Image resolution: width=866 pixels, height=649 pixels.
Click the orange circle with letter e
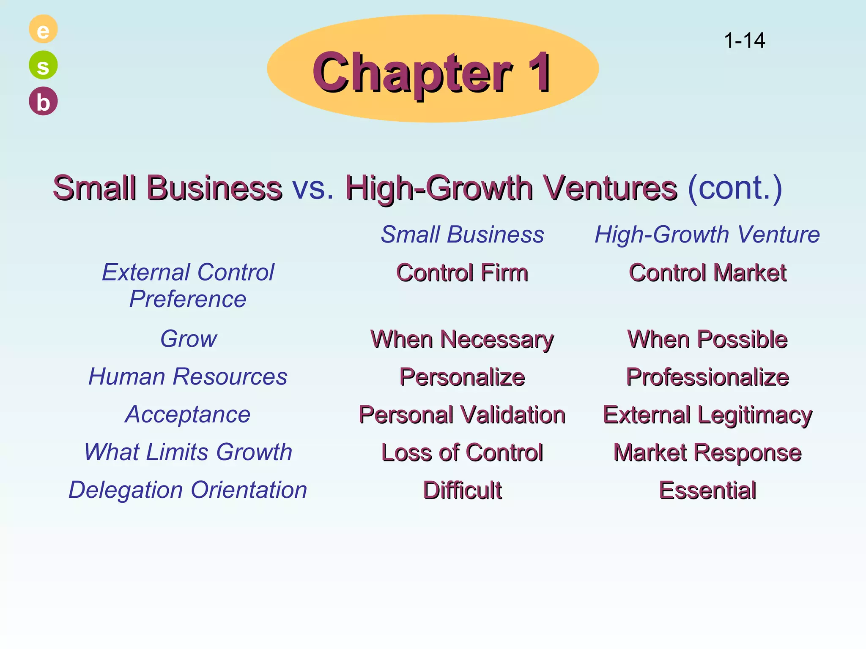pyautogui.click(x=43, y=29)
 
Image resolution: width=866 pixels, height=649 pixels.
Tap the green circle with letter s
pyautogui.click(x=43, y=65)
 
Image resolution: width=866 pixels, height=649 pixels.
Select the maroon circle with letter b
pyautogui.click(x=43, y=101)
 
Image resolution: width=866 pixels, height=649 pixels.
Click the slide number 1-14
pyautogui.click(x=744, y=41)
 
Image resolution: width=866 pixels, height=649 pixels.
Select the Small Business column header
pyautogui.click(x=462, y=235)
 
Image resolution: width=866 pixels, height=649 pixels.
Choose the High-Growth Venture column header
pyautogui.click(x=707, y=235)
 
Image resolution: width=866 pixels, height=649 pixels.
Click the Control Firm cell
pyautogui.click(x=462, y=273)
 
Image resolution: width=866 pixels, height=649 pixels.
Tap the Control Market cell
pyautogui.click(x=707, y=273)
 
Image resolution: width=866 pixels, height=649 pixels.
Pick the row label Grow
pyautogui.click(x=189, y=339)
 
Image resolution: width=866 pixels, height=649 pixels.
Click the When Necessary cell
pyautogui.click(x=462, y=339)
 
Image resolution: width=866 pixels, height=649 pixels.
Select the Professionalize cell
pyautogui.click(x=707, y=377)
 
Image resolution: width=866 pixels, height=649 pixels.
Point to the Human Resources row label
pyautogui.click(x=188, y=376)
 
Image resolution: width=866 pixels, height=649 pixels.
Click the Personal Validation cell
pyautogui.click(x=462, y=414)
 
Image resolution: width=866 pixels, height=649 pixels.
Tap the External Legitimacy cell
pyautogui.click(x=707, y=414)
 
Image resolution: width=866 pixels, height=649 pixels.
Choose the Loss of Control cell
pyautogui.click(x=462, y=453)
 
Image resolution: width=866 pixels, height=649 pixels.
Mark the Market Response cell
pyautogui.click(x=707, y=453)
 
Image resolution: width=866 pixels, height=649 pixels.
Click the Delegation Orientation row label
pyautogui.click(x=188, y=490)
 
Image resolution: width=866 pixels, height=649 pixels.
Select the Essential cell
pyautogui.click(x=707, y=490)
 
